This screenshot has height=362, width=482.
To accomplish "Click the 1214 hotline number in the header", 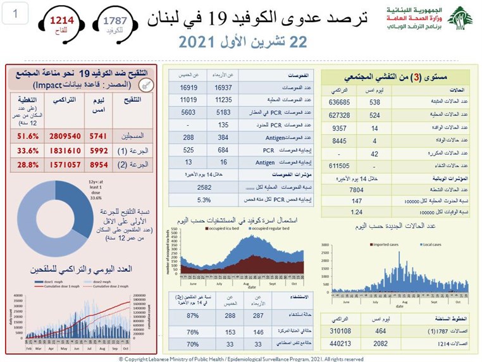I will (61, 20).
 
